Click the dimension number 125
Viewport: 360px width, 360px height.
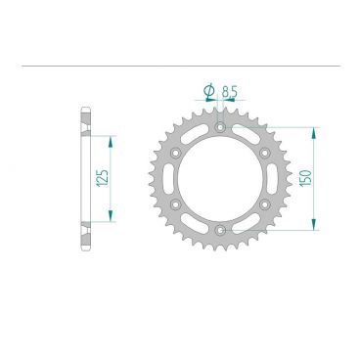coord(103,178)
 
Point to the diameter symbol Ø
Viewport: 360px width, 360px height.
coord(208,93)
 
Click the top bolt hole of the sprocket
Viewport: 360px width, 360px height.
coord(220,127)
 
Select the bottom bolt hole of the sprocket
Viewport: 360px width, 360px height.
coord(220,231)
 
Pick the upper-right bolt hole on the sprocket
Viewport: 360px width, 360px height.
coord(265,153)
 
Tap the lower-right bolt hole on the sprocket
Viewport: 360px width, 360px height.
coord(265,204)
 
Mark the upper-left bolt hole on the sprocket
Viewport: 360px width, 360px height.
coord(175,153)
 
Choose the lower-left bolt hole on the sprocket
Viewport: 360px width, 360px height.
coord(175,204)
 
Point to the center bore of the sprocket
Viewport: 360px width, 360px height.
coord(220,179)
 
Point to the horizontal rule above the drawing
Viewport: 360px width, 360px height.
coord(180,67)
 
